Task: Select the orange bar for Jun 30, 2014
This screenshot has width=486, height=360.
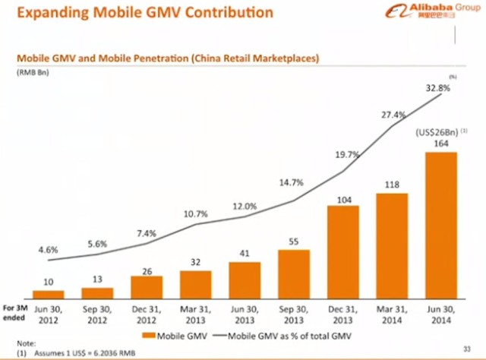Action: pyautogui.click(x=440, y=224)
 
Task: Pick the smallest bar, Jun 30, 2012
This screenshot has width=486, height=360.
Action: pyautogui.click(x=49, y=293)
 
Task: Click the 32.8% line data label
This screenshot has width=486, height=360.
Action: pyautogui.click(x=437, y=88)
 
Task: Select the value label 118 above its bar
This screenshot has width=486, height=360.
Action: pyautogui.click(x=392, y=184)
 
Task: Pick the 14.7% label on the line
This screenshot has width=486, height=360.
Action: pyautogui.click(x=294, y=183)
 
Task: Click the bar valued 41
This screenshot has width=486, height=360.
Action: pyautogui.click(x=245, y=279)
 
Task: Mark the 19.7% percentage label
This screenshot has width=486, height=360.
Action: pyautogui.click(x=342, y=156)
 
